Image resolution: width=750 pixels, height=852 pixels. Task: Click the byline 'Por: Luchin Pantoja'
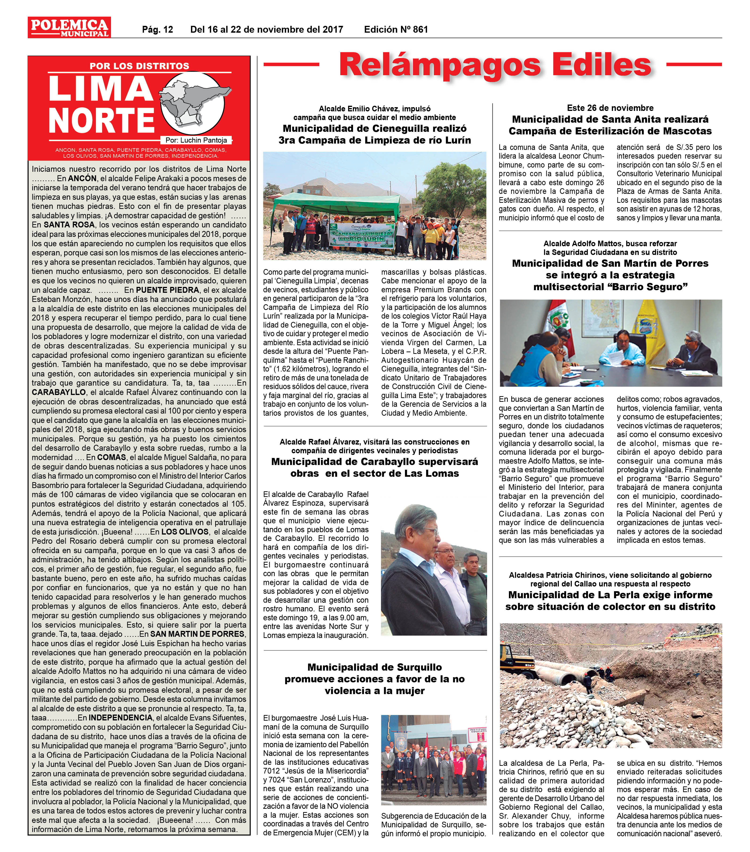click(x=196, y=141)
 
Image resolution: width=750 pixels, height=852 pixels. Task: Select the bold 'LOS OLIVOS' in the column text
click(x=185, y=532)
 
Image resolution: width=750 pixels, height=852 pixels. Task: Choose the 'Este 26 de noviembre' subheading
click(x=610, y=108)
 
